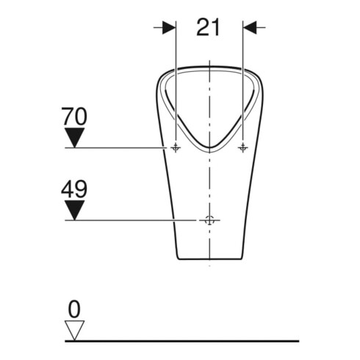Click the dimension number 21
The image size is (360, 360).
[208, 27]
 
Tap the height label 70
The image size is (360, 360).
[74, 116]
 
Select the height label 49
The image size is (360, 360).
[74, 189]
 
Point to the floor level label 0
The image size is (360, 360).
[74, 309]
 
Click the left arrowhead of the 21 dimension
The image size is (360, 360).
[169, 27]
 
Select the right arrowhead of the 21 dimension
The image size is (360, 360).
[250, 27]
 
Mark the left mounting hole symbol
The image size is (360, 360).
[176, 148]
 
